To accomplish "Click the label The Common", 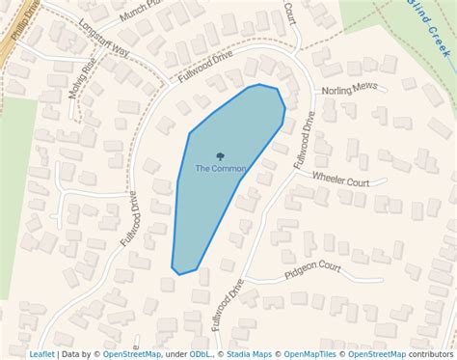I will pos(221,169).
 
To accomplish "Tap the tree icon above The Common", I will pos(221,156).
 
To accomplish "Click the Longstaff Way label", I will pos(104,39).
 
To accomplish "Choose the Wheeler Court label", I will pos(340,180).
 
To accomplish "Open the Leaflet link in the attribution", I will pos(41,354).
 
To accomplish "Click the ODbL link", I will pos(202,354).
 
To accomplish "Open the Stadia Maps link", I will pos(250,354).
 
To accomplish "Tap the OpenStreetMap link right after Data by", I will pos(132,354).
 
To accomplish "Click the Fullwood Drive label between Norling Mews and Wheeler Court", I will pos(303,141).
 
